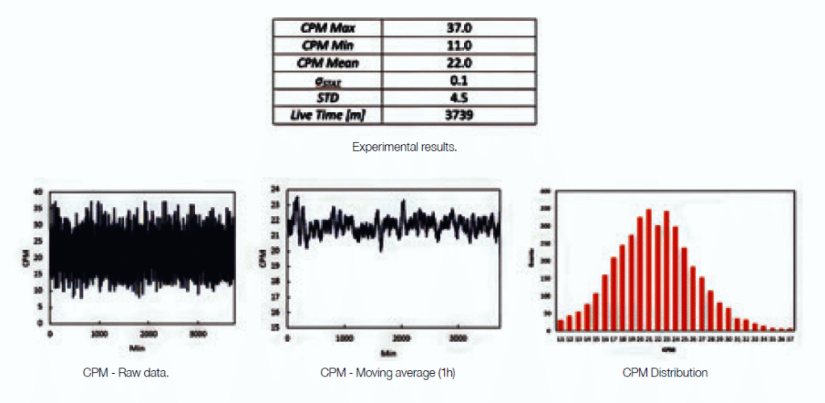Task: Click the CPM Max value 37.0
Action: [459, 27]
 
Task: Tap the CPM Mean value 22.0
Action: [459, 63]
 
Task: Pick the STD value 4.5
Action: [459, 98]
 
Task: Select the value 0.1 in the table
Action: [459, 81]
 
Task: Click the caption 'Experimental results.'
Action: [404, 147]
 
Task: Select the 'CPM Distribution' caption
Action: [665, 372]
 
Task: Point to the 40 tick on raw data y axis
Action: [39, 192]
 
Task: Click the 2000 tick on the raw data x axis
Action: [148, 333]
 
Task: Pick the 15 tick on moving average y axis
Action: [274, 328]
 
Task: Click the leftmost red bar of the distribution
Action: [561, 326]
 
